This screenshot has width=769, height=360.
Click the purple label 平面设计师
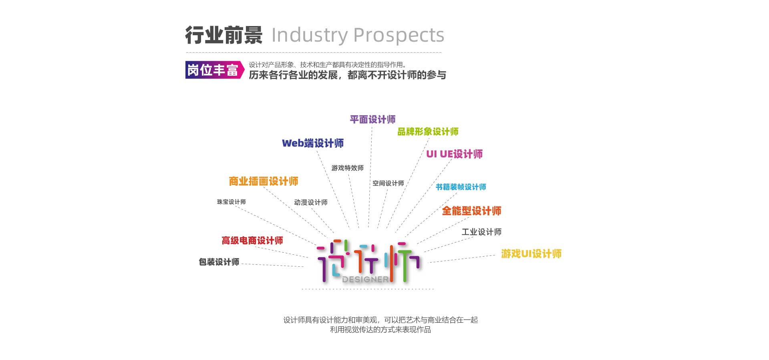[372, 119]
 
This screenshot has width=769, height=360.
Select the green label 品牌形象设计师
[428, 131]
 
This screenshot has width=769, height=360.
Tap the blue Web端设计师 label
[313, 143]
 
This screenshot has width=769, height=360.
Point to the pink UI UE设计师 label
[454, 154]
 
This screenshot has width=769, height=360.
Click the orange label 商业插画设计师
[264, 181]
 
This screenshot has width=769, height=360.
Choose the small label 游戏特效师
[347, 168]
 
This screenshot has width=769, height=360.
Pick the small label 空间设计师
[388, 183]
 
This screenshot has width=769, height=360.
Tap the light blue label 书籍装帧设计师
[461, 187]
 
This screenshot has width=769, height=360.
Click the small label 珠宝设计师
[232, 202]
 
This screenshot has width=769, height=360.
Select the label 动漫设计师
[311, 202]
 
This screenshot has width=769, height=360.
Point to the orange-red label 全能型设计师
[471, 211]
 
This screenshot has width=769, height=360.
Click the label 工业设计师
[481, 232]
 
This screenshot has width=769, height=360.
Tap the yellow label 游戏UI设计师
[531, 253]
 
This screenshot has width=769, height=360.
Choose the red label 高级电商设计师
[252, 240]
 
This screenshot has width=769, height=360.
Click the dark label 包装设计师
[219, 262]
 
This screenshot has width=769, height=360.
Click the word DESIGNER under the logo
[365, 279]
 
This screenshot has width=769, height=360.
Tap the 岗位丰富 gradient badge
[215, 70]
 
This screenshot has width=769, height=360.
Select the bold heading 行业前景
[223, 35]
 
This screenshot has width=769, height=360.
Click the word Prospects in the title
[399, 35]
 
